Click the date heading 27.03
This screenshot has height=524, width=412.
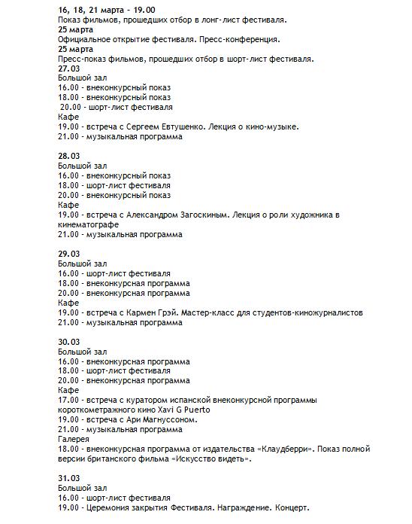coord(68,68)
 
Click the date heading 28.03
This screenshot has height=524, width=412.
coord(68,156)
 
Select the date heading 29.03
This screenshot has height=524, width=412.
coord(68,254)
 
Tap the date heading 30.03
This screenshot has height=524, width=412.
coord(68,342)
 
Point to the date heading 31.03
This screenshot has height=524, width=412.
coord(68,478)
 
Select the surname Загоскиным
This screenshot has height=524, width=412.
coord(205,215)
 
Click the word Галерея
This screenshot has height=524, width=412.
coord(74,439)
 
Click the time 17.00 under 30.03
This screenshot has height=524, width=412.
coord(68,400)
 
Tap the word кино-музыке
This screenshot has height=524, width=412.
coord(272,127)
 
